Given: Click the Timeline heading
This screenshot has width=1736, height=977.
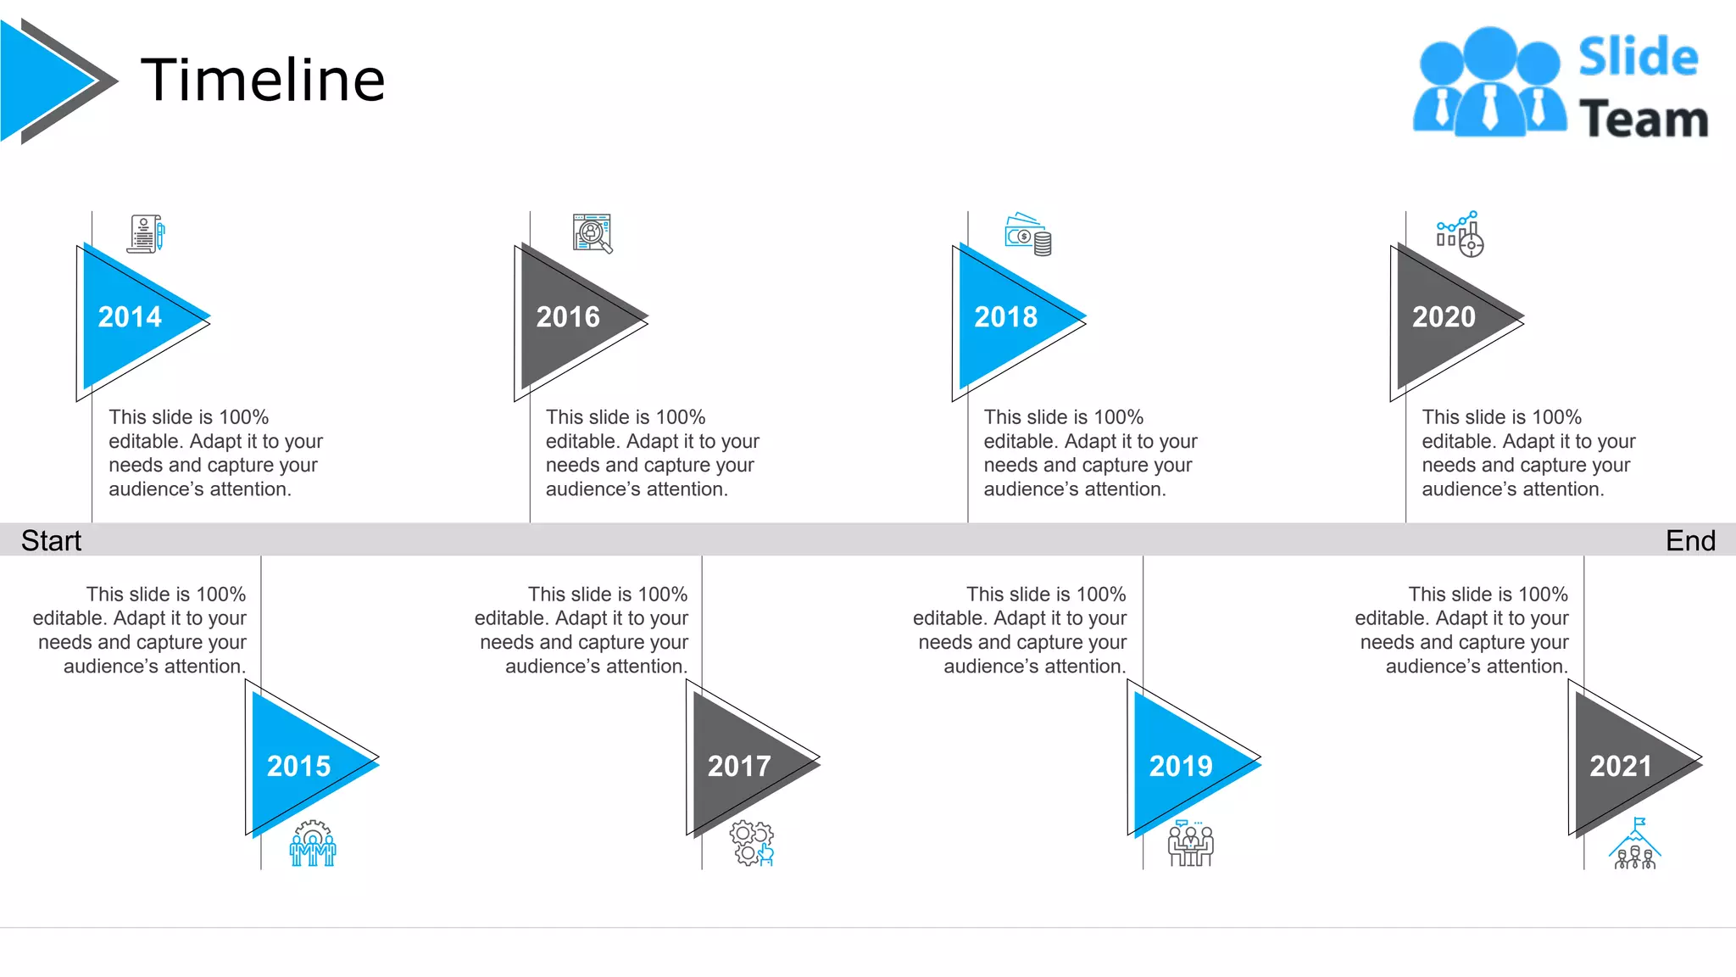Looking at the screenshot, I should point(263,80).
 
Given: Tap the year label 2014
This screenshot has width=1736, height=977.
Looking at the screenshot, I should point(130,317).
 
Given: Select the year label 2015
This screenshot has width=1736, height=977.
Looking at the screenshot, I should point(298,767).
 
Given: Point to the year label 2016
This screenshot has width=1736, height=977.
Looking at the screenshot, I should point(568,317).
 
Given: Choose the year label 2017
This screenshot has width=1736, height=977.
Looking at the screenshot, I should point(739,767).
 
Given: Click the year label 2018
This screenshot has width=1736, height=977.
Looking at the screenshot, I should point(1005,317).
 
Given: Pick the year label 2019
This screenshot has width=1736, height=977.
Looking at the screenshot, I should point(1181,767).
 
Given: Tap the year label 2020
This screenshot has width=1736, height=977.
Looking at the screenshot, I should point(1444,317).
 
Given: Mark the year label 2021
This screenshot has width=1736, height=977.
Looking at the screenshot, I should point(1621,767).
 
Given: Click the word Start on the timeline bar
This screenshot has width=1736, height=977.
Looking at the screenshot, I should point(51,540).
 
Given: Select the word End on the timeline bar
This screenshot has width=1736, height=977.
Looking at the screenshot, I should point(1690,540).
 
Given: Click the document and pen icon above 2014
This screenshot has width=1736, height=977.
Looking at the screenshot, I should point(146,233).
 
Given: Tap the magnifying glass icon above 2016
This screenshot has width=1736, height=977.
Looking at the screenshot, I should point(593,233).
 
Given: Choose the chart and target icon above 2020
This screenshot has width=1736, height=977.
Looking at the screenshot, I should point(1460,234).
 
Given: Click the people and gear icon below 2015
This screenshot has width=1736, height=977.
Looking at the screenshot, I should point(313,843).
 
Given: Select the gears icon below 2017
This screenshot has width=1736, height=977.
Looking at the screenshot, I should point(752,843).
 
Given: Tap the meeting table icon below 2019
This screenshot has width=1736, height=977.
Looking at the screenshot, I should point(1191,844).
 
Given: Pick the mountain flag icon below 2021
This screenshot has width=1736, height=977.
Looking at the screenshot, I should point(1635,844).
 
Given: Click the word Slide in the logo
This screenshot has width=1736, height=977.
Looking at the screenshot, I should point(1638,58).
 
